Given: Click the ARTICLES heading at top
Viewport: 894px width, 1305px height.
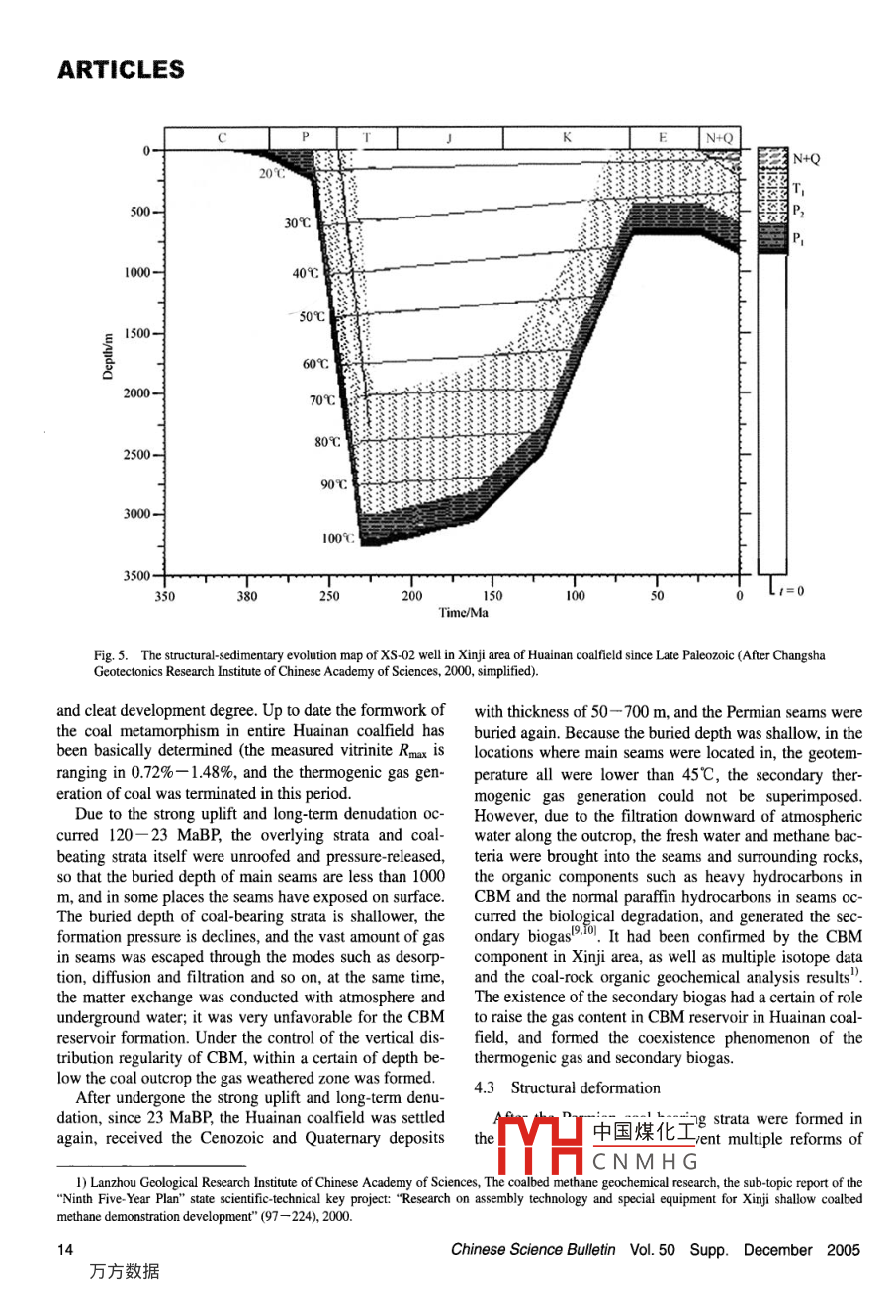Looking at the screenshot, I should (x=121, y=70).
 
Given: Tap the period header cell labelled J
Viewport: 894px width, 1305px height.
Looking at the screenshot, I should (x=449, y=138).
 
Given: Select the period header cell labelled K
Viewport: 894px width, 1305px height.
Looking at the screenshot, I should (x=567, y=138).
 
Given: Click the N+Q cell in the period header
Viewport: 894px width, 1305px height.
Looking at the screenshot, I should (x=719, y=138).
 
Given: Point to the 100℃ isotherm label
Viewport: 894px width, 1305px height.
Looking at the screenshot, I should (x=337, y=539).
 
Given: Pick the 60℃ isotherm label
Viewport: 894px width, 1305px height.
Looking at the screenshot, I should (x=315, y=364).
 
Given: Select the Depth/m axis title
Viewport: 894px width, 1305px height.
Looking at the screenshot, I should (x=111, y=356).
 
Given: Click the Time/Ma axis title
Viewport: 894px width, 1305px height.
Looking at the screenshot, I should (x=463, y=613).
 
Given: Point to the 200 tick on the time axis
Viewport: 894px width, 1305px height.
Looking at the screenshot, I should (x=411, y=596).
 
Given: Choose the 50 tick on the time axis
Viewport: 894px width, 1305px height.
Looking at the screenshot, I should (x=657, y=596).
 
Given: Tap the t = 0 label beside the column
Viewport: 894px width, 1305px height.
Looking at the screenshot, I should (x=791, y=591).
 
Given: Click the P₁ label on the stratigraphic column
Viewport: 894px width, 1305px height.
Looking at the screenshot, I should (x=798, y=238).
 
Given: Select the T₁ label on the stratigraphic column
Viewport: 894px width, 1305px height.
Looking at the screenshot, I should (x=798, y=188).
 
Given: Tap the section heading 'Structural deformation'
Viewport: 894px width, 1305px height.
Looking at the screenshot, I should (x=585, y=1088).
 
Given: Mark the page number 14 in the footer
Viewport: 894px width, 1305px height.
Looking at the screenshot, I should (x=65, y=1250).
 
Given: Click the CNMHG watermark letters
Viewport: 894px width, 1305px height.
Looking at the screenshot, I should (x=646, y=1162).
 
